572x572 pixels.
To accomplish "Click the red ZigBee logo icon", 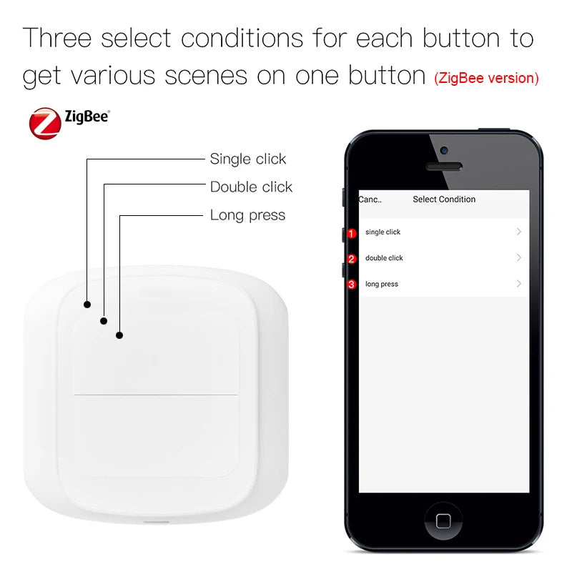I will (x=44, y=123).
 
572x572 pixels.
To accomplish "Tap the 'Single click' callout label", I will (x=247, y=159).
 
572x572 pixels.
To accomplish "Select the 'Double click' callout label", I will (x=251, y=187).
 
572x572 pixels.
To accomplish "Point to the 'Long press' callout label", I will (x=247, y=215).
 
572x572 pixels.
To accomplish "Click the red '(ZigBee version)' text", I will (x=486, y=78).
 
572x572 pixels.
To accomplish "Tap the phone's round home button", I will (x=443, y=521).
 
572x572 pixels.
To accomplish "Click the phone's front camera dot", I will (x=444, y=151).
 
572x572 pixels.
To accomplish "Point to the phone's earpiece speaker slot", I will (x=444, y=167).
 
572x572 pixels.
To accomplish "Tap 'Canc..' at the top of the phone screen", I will (x=370, y=199).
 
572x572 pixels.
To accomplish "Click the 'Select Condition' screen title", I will (x=444, y=199).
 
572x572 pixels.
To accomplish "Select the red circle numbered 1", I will (x=351, y=233).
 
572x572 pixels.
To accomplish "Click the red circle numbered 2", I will (x=351, y=259).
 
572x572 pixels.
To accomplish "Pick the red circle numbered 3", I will (x=351, y=285).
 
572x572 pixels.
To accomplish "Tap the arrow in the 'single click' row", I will (x=519, y=232).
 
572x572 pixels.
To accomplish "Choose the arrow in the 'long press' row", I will (x=519, y=284).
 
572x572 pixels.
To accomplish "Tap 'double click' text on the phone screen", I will (x=384, y=258).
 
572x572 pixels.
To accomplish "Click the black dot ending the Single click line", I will (x=87, y=304).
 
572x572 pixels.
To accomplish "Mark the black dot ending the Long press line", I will (x=119, y=335).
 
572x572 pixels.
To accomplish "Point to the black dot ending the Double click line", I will (x=104, y=321).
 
